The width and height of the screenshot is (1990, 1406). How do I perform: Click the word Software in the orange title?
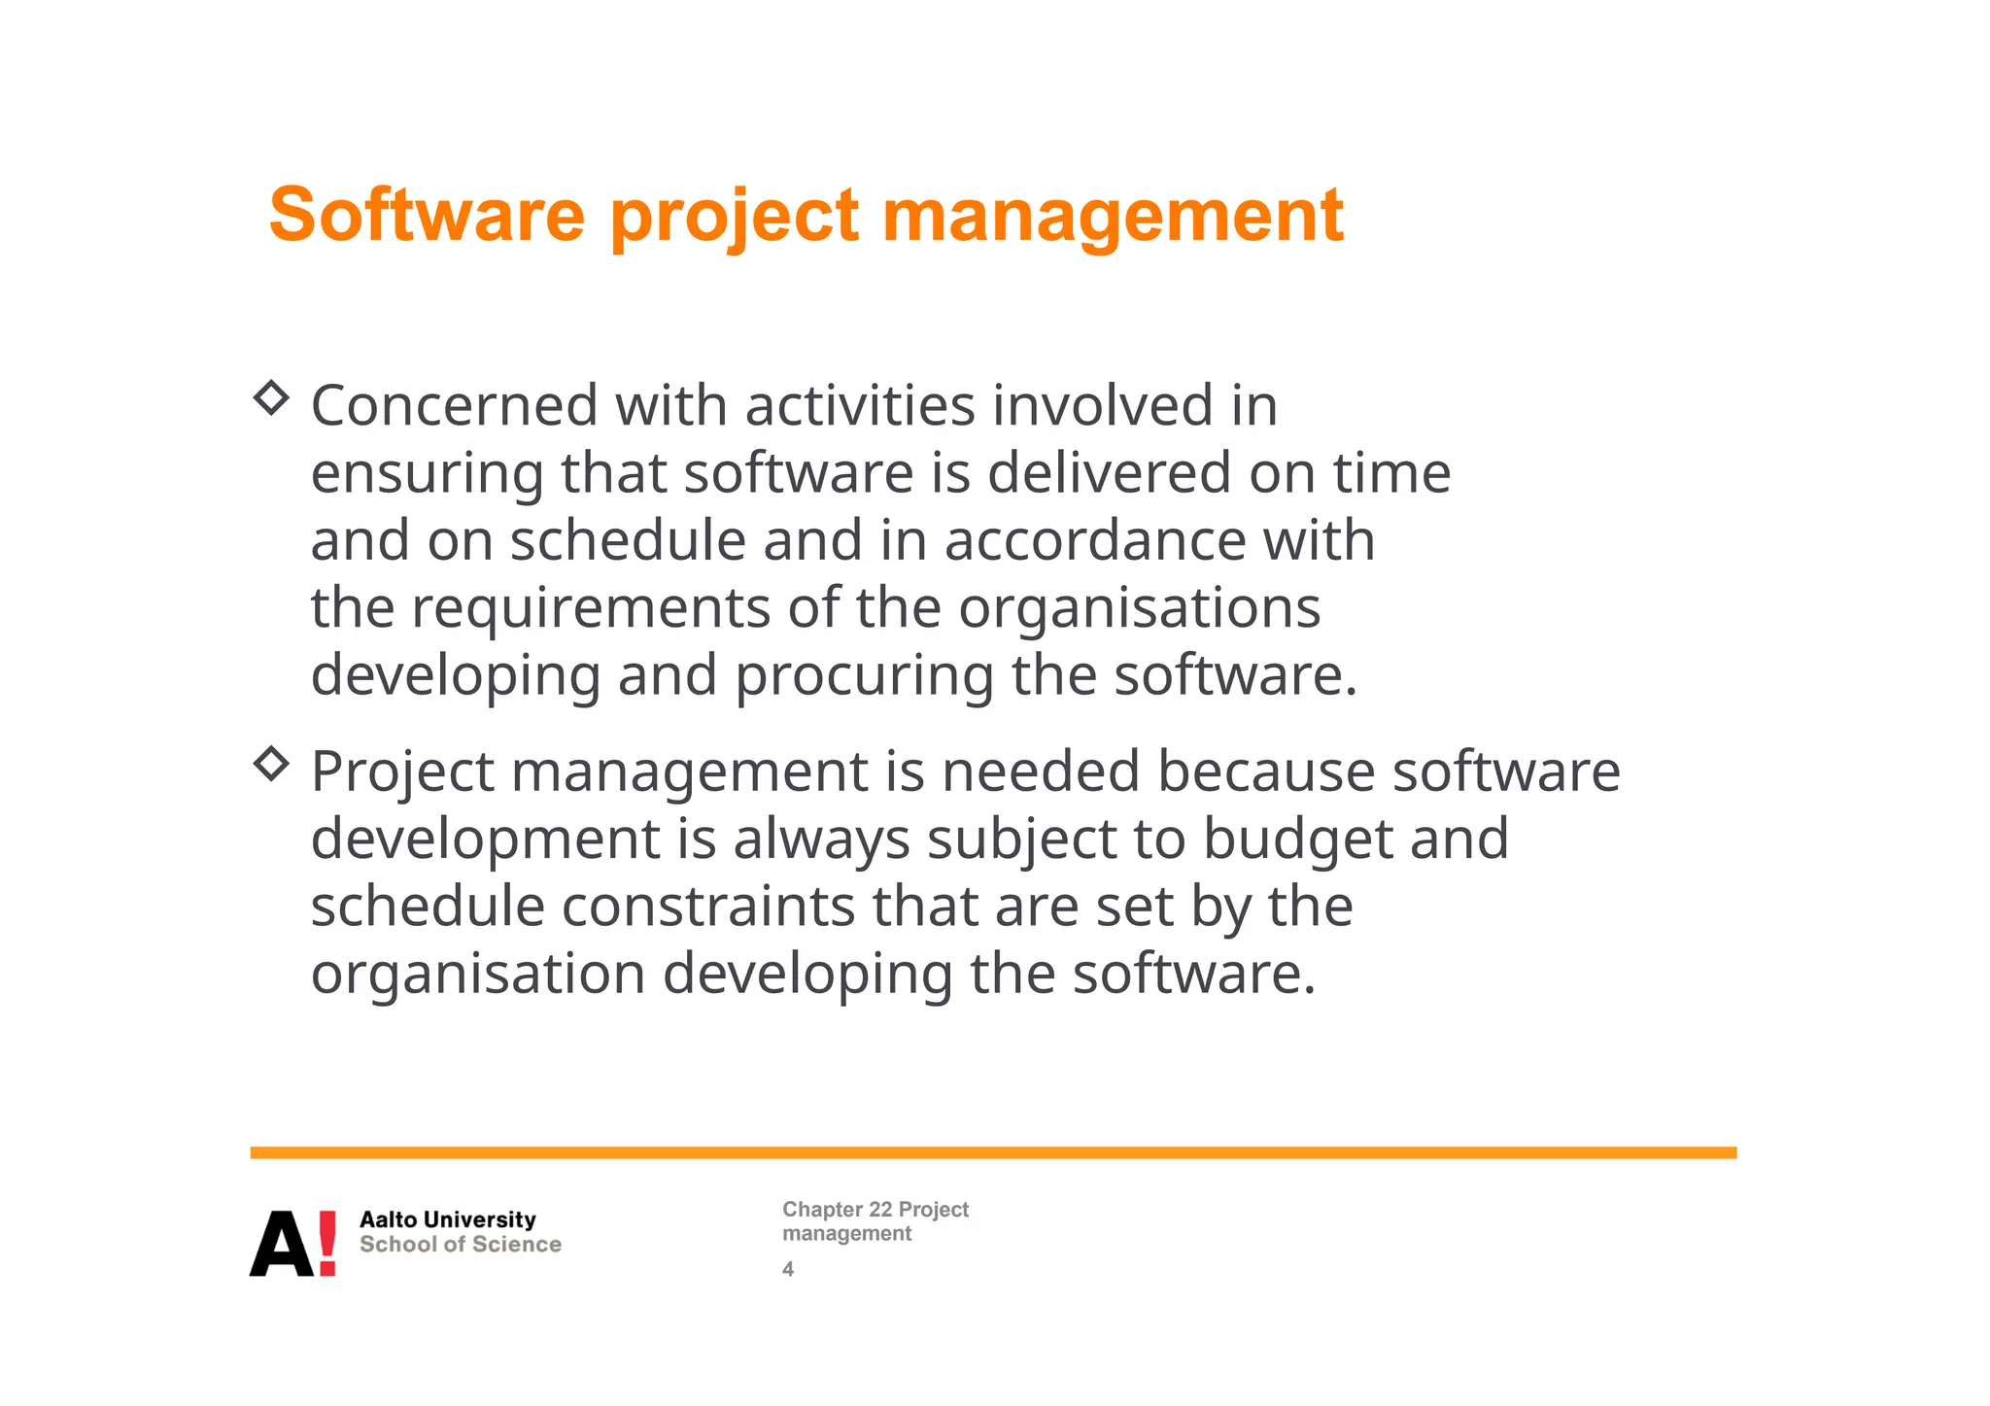pos(427,215)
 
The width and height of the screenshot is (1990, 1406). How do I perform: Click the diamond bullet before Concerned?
pos(271,397)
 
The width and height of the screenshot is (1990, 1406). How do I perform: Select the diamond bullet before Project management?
pos(271,764)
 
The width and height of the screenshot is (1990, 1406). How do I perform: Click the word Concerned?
pos(454,405)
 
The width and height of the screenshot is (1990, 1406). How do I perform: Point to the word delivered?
pos(1109,473)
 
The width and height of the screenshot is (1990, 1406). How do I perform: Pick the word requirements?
pos(591,610)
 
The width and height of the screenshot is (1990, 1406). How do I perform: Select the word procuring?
pos(864,677)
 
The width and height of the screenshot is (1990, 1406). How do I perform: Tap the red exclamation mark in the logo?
pos(327,1243)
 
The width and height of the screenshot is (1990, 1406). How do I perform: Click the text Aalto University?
pos(447,1219)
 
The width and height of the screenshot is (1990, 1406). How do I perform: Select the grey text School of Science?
pos(460,1245)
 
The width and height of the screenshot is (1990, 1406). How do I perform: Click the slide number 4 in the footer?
pos(788,1269)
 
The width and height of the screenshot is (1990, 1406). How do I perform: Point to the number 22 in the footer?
pos(880,1210)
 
